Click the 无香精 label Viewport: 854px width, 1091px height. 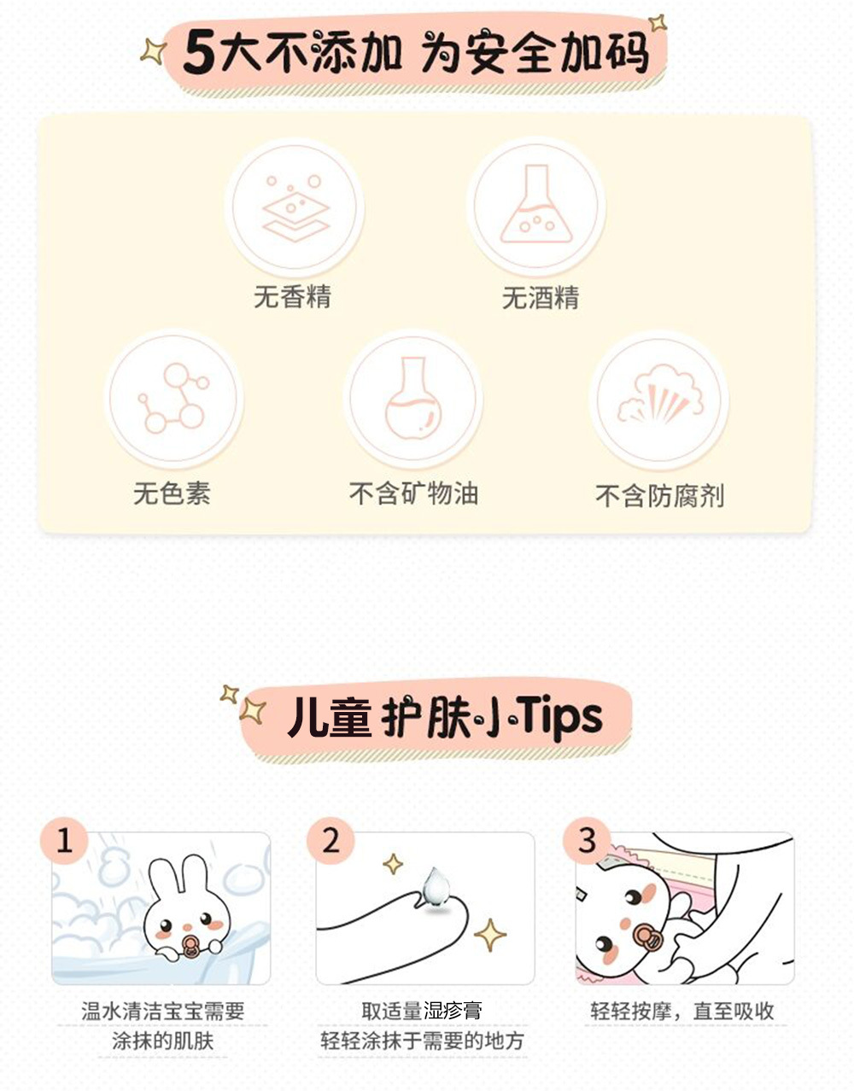coord(292,296)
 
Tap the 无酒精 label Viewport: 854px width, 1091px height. coord(541,298)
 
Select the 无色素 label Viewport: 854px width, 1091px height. coord(172,493)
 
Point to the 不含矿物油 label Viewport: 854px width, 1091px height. coord(413,493)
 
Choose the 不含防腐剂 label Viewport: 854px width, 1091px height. coord(659,495)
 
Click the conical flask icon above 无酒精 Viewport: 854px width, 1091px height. coord(536,204)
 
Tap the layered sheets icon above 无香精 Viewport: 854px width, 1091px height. coord(295,207)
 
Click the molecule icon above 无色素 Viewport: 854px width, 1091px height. coord(173,398)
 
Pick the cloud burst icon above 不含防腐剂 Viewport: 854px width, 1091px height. coord(659,394)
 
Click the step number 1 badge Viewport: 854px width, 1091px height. coord(64,840)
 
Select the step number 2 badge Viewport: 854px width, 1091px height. coord(330,840)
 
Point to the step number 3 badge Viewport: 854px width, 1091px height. coord(587,840)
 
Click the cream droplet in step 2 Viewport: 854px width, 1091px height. coord(436,887)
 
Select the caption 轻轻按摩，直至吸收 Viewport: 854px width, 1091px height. coord(681,1011)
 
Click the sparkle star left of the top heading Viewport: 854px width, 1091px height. coord(153,51)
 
